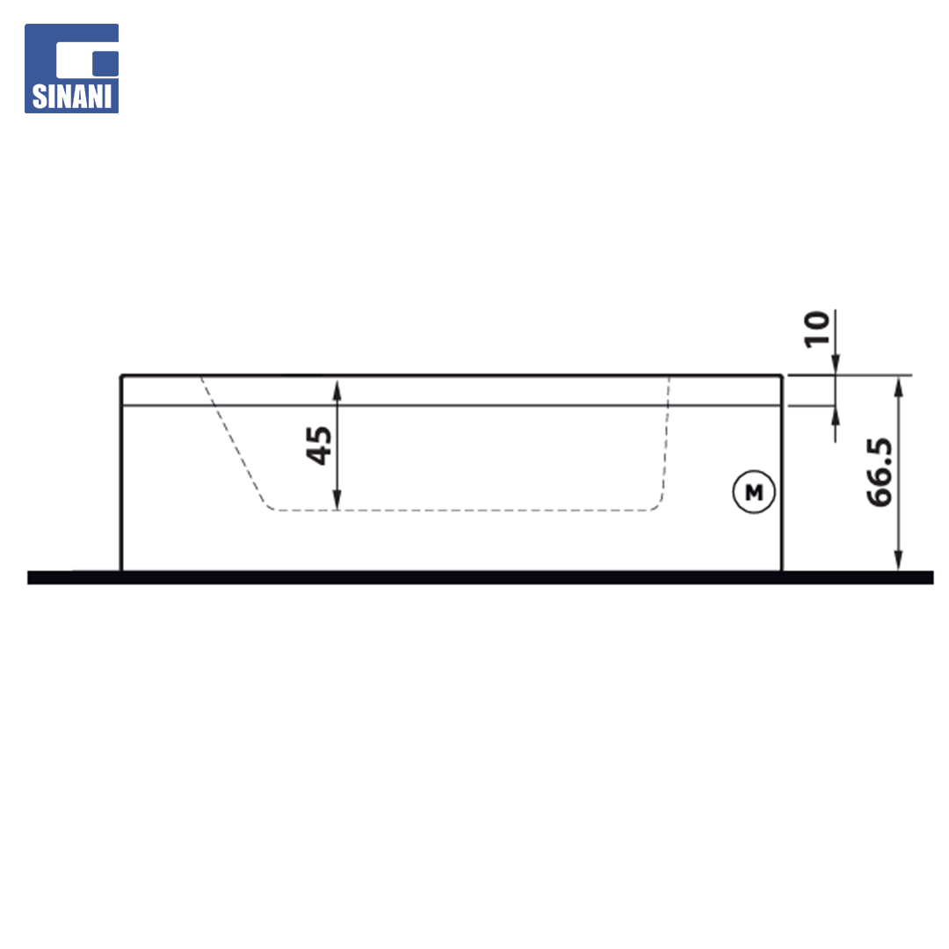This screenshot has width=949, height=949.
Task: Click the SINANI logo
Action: (71, 69)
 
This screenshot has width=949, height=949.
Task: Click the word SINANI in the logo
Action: (71, 97)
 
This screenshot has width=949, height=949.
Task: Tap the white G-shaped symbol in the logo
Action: (87, 60)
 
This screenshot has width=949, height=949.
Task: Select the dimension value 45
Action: (319, 446)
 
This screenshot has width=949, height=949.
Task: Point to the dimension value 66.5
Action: (879, 472)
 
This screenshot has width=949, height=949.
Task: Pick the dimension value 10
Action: (816, 330)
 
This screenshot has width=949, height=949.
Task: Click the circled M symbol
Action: (754, 492)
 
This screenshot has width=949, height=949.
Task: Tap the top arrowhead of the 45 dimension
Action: (337, 390)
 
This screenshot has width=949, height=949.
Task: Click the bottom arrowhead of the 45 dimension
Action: (337, 499)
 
